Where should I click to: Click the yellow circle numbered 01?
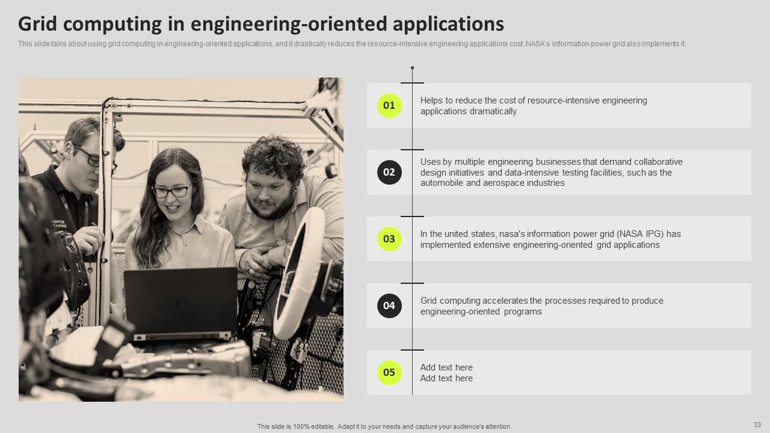coord(389,106)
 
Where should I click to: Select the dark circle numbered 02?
coord(389,173)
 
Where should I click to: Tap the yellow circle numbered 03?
coord(389,239)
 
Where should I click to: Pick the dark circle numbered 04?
coord(389,306)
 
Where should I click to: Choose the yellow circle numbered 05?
coord(389,373)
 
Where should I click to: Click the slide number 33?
coord(757,424)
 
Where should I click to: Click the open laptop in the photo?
coord(180,304)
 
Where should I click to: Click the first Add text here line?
coord(446,367)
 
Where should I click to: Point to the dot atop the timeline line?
coord(412,68)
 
